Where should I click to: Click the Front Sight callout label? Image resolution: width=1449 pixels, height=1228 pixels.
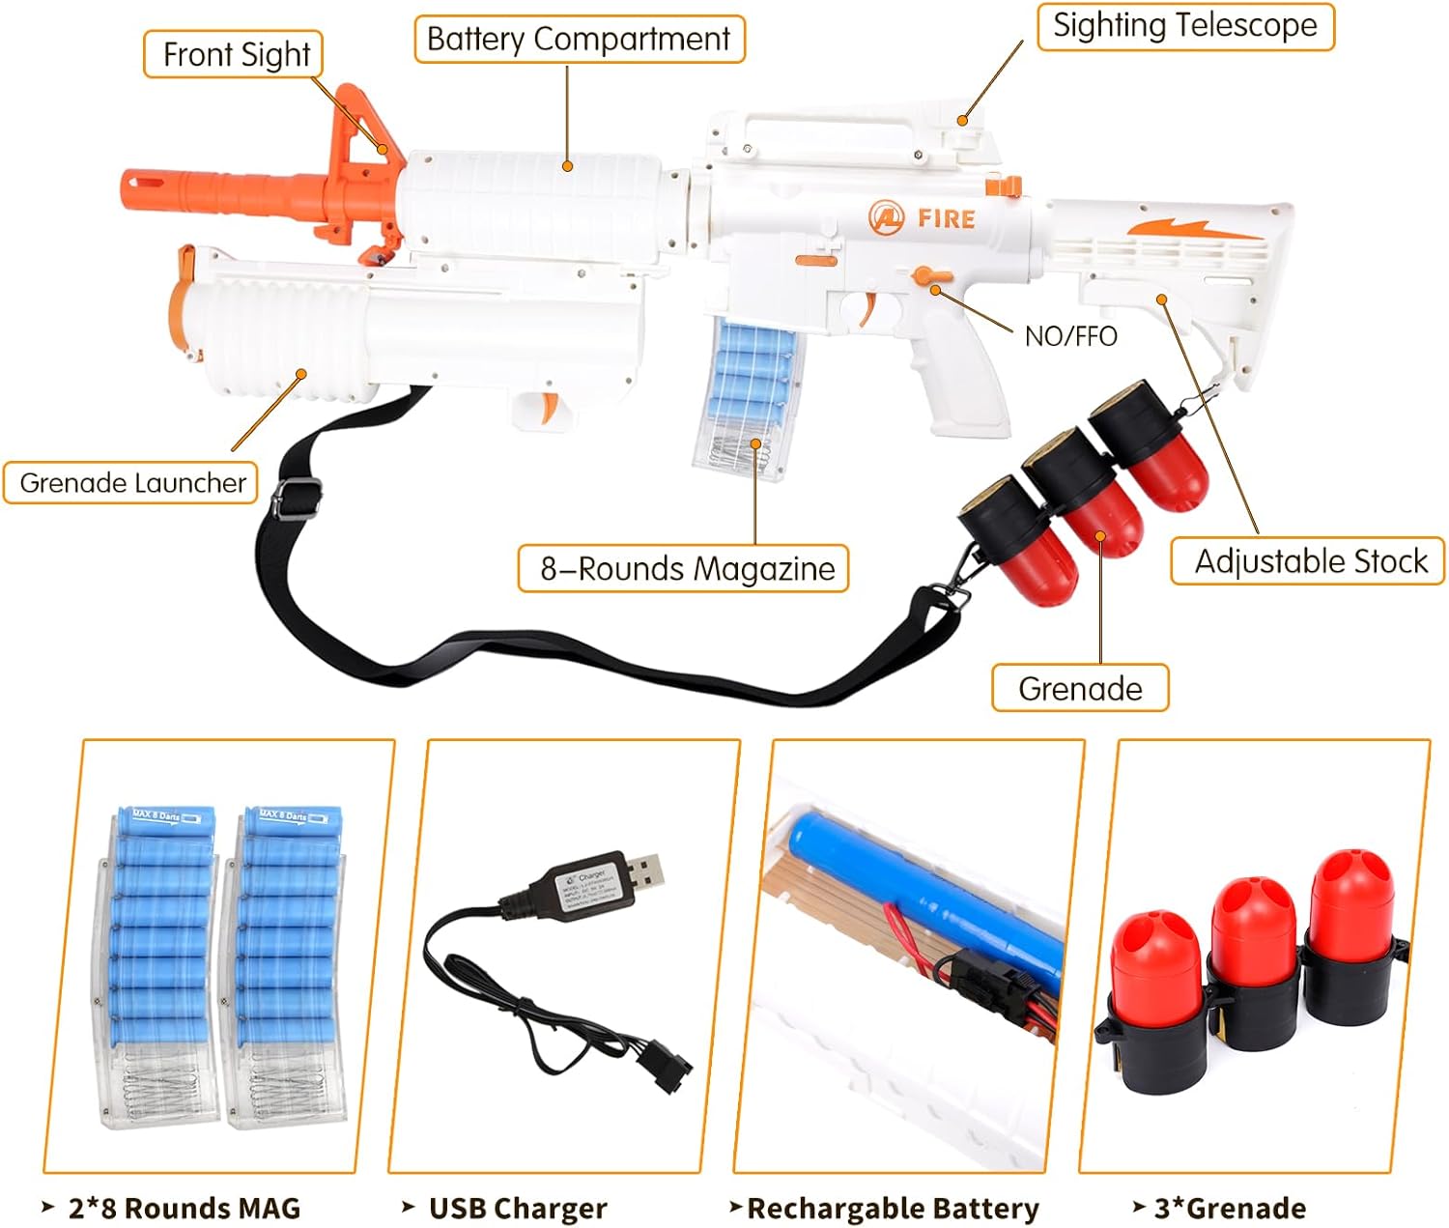[235, 55]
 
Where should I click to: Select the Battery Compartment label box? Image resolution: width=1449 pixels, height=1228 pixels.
[579, 40]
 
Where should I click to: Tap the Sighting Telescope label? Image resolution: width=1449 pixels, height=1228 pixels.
[1184, 26]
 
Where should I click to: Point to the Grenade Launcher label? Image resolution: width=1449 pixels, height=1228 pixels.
[132, 482]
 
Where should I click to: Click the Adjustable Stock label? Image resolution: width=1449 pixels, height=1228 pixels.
[1309, 561]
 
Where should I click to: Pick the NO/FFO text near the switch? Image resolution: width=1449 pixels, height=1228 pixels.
[1070, 336]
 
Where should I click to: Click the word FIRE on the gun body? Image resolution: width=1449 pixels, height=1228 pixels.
[946, 218]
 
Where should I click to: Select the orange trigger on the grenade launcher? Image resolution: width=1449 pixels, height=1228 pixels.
[549, 408]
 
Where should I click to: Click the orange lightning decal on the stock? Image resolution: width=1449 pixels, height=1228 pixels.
[1195, 229]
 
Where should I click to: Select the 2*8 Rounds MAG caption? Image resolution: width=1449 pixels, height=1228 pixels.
[184, 1208]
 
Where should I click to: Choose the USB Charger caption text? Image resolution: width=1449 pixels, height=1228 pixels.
[517, 1208]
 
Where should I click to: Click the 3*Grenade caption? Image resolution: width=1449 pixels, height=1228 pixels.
[1229, 1208]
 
